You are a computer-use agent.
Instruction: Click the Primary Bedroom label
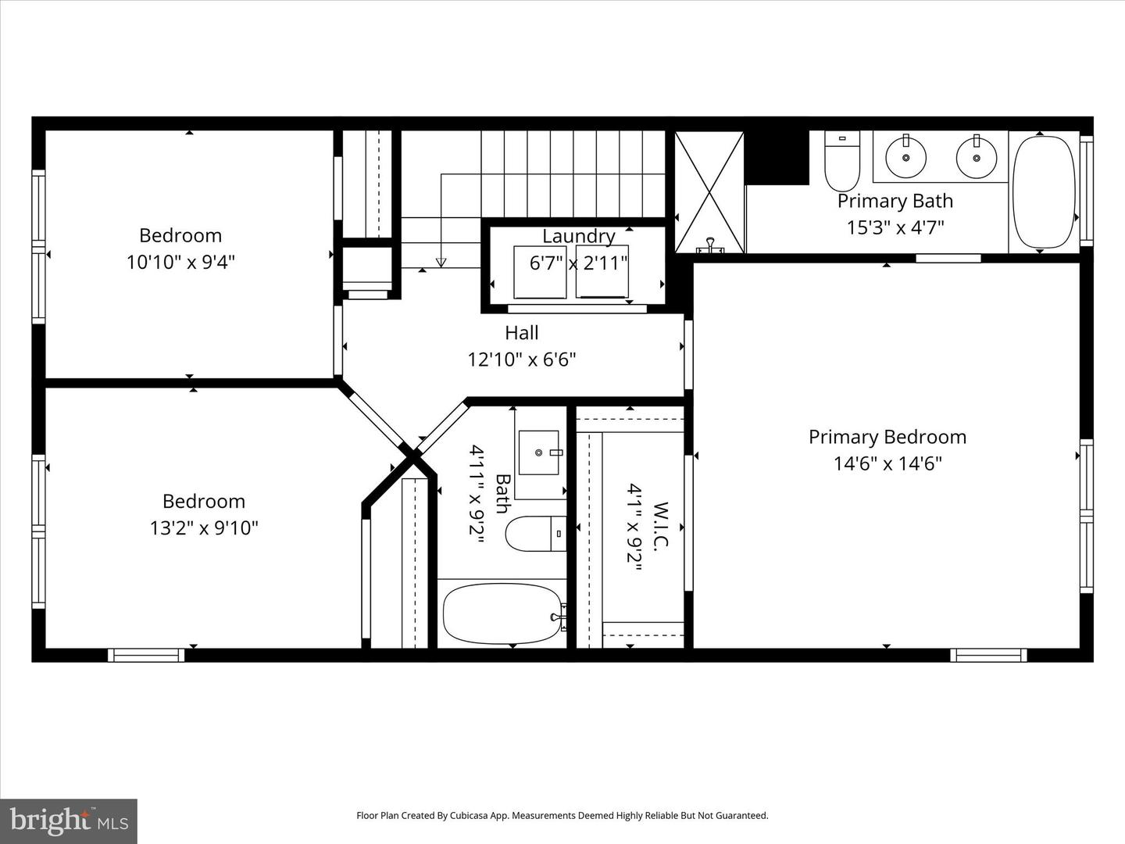[x=887, y=437]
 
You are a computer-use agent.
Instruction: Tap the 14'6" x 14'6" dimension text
[x=887, y=463]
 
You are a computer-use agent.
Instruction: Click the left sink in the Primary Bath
[x=906, y=156]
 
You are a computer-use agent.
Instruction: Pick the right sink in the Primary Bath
[x=976, y=156]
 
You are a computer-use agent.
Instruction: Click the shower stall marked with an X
[x=709, y=192]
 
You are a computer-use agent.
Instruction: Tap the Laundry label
[x=578, y=236]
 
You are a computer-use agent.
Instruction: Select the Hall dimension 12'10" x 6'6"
[x=521, y=359]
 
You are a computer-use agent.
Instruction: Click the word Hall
[x=521, y=333]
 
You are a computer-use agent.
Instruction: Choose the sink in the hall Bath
[x=538, y=452]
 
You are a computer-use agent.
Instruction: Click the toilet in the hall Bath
[x=535, y=535]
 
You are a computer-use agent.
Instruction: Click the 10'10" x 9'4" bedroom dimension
[x=180, y=262]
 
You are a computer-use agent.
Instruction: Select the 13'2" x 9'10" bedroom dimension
[x=203, y=527]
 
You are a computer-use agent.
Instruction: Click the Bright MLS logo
[x=69, y=821]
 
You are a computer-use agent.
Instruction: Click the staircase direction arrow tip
[x=441, y=263]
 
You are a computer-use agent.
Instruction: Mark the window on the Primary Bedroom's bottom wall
[x=988, y=655]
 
